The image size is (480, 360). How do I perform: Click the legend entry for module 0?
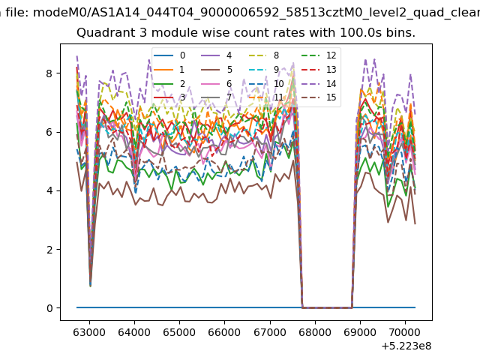tap(169, 55)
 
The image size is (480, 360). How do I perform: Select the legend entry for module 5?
tap(217, 70)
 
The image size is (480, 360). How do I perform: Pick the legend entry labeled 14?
tap(319, 84)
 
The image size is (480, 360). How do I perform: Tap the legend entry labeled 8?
tap(264, 55)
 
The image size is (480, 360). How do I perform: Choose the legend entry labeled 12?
tap(319, 55)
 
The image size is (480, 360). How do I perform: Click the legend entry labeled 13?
tap(319, 70)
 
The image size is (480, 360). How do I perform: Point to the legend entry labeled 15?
tap(319, 97)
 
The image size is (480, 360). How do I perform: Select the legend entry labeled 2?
tap(169, 84)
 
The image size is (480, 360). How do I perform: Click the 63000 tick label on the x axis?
tap(89, 332)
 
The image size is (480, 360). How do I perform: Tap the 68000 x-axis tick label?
tap(315, 332)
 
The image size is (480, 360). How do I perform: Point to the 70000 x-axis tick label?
tap(405, 332)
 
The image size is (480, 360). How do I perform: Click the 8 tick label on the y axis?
tap(49, 73)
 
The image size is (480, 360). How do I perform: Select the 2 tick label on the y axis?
tap(49, 250)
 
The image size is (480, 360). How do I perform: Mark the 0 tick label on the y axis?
tap(49, 308)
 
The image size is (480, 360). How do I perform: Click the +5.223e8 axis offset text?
tap(406, 346)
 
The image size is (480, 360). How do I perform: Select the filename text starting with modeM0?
tap(256, 13)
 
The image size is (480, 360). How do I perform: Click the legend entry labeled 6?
tap(217, 84)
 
